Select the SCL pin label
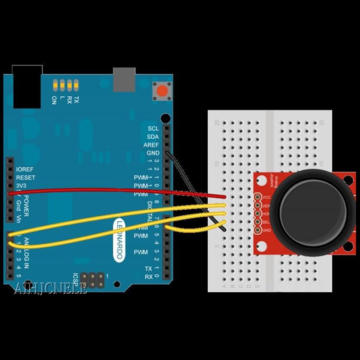(x=153, y=129)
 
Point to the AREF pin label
(x=151, y=145)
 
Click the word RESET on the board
(x=26, y=177)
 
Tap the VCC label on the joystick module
(x=267, y=197)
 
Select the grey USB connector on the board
(x=124, y=79)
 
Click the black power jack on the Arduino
(x=27, y=86)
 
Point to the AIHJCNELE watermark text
(x=50, y=288)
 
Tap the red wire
(x=108, y=190)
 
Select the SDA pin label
(x=153, y=137)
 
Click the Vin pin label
(x=18, y=218)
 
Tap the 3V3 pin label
(x=22, y=186)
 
